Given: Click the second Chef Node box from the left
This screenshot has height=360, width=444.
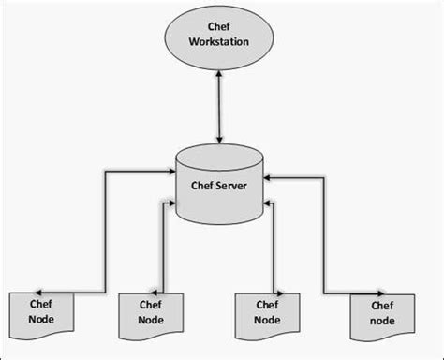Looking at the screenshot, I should click(x=150, y=316).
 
